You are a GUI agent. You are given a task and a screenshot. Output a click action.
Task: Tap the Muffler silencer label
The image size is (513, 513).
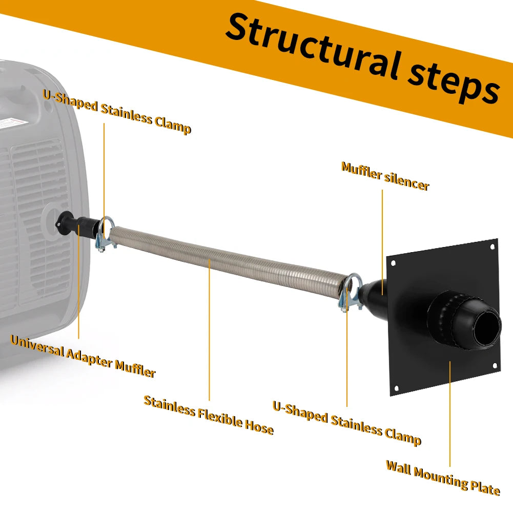(x=385, y=176)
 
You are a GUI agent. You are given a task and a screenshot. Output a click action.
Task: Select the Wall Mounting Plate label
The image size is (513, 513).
(x=443, y=477)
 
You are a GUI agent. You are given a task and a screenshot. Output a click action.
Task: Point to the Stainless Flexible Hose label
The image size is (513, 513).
(x=209, y=415)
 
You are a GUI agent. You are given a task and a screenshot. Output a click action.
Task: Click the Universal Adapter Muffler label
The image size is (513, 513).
(x=83, y=356)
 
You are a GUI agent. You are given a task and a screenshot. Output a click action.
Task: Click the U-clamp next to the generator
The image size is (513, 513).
(x=106, y=234)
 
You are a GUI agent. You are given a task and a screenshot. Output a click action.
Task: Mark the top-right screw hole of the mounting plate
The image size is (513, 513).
(x=493, y=247)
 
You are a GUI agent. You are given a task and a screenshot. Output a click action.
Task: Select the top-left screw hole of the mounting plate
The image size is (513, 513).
(x=393, y=263)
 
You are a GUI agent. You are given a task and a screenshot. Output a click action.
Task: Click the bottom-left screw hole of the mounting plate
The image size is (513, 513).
(x=397, y=388)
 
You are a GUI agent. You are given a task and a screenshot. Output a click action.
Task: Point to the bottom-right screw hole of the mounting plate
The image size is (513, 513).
(x=495, y=365)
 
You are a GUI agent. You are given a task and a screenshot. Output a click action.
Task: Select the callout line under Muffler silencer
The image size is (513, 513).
(x=382, y=242)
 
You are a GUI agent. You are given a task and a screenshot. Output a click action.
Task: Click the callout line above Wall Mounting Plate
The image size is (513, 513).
(x=450, y=414)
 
